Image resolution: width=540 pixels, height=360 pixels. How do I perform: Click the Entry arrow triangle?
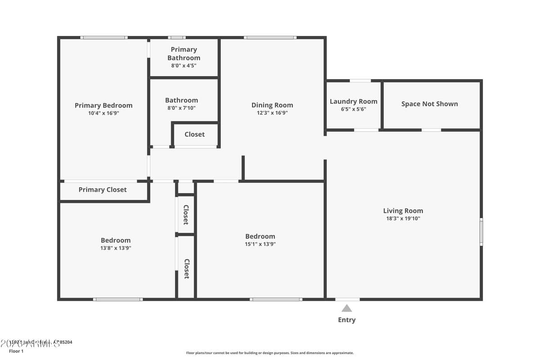tap(346, 308)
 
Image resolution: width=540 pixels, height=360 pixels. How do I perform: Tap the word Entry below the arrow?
tap(346, 320)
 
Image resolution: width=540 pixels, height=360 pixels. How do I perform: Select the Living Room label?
tap(403, 211)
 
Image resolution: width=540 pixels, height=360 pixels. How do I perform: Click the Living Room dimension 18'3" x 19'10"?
tap(403, 219)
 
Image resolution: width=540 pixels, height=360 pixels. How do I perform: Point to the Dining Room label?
tap(272, 105)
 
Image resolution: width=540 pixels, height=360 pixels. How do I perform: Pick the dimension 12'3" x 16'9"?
tap(272, 113)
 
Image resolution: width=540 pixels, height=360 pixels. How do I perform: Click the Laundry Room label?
tap(353, 101)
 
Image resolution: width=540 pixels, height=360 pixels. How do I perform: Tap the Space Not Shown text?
tap(429, 104)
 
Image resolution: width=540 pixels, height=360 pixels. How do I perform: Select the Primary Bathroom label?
tap(184, 54)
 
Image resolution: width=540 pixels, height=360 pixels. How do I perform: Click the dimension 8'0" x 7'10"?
tap(181, 108)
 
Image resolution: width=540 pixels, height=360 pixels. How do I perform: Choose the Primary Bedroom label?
tap(103, 105)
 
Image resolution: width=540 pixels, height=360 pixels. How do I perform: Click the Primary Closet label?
tap(103, 189)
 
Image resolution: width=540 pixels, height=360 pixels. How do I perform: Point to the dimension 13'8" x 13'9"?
tap(116, 248)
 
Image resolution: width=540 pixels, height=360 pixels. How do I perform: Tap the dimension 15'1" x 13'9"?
tap(260, 244)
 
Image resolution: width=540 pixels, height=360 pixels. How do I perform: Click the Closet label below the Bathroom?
tap(194, 134)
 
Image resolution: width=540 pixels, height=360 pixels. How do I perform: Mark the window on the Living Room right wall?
tap(481, 232)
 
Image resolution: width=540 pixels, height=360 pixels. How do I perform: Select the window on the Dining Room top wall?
tap(270, 37)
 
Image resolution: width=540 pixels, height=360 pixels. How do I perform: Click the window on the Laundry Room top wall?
tap(360, 81)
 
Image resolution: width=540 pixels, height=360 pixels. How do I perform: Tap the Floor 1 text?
tap(16, 351)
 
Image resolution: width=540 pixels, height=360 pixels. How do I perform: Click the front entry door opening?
tap(347, 299)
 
